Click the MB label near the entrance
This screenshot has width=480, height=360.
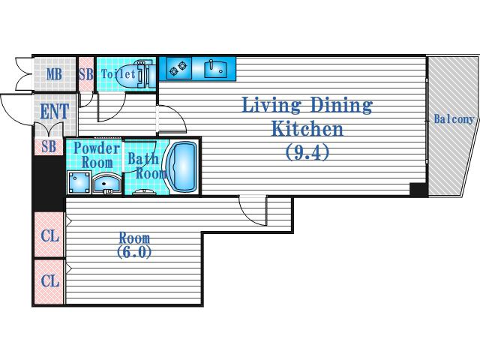coord(54,74)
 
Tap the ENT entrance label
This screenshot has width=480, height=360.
coord(55,112)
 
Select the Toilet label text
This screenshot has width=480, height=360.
coord(118,73)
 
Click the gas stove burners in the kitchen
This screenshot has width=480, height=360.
coord(178,68)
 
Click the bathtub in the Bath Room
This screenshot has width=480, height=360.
coord(182,167)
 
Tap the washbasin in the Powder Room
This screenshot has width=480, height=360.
coord(106,184)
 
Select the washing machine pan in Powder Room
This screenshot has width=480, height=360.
coord(79,183)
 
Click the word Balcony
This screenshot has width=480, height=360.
coord(454,118)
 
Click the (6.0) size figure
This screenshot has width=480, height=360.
coord(134,252)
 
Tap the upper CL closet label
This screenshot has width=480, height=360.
coord(50,235)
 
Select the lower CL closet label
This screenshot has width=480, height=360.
coord(50,280)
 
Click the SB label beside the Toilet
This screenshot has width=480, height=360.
coord(86,74)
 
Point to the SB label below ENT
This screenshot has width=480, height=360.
coord(49,147)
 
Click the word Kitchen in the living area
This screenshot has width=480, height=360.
coord(307,128)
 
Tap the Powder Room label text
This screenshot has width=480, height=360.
coord(97,155)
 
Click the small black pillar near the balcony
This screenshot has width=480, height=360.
coord(418,190)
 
